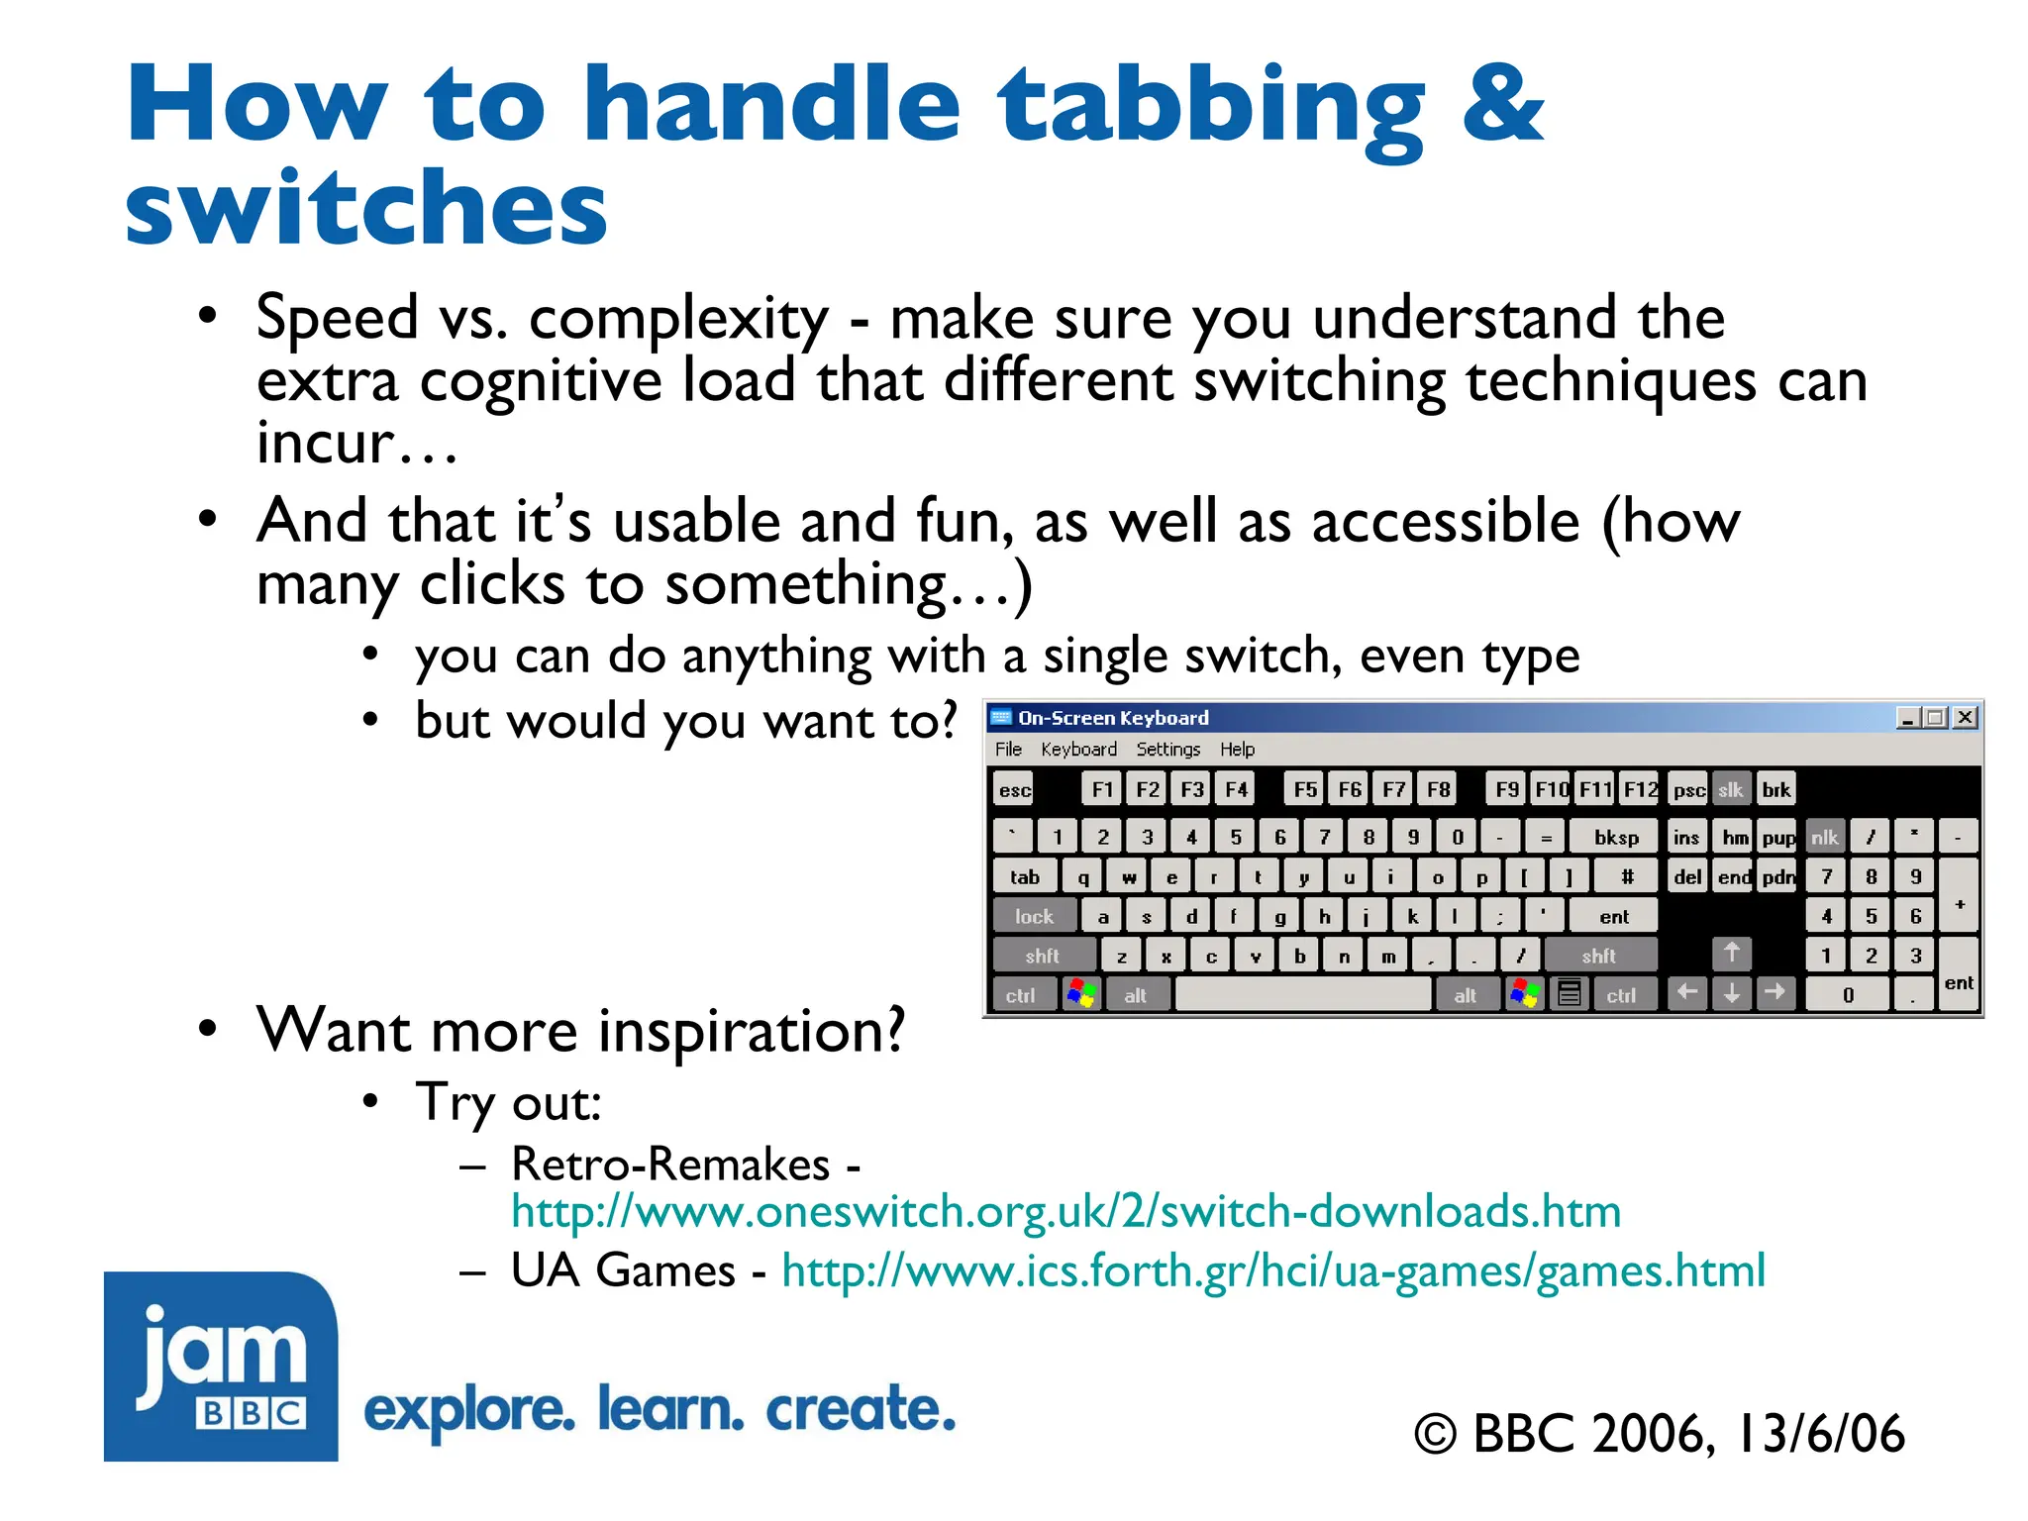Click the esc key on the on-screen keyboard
coord(1013,789)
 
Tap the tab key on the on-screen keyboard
coord(1024,877)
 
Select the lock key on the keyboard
coord(1033,917)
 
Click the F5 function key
coord(1305,789)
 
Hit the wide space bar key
coord(1302,994)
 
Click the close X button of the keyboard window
coord(1966,717)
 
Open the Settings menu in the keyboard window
coord(1167,750)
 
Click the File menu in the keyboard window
coord(1008,750)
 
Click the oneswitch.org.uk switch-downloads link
coord(1065,1212)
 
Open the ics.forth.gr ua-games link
coord(1272,1270)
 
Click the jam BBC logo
coord(221,1366)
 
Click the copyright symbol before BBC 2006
coord(1435,1435)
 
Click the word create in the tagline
coord(860,1409)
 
